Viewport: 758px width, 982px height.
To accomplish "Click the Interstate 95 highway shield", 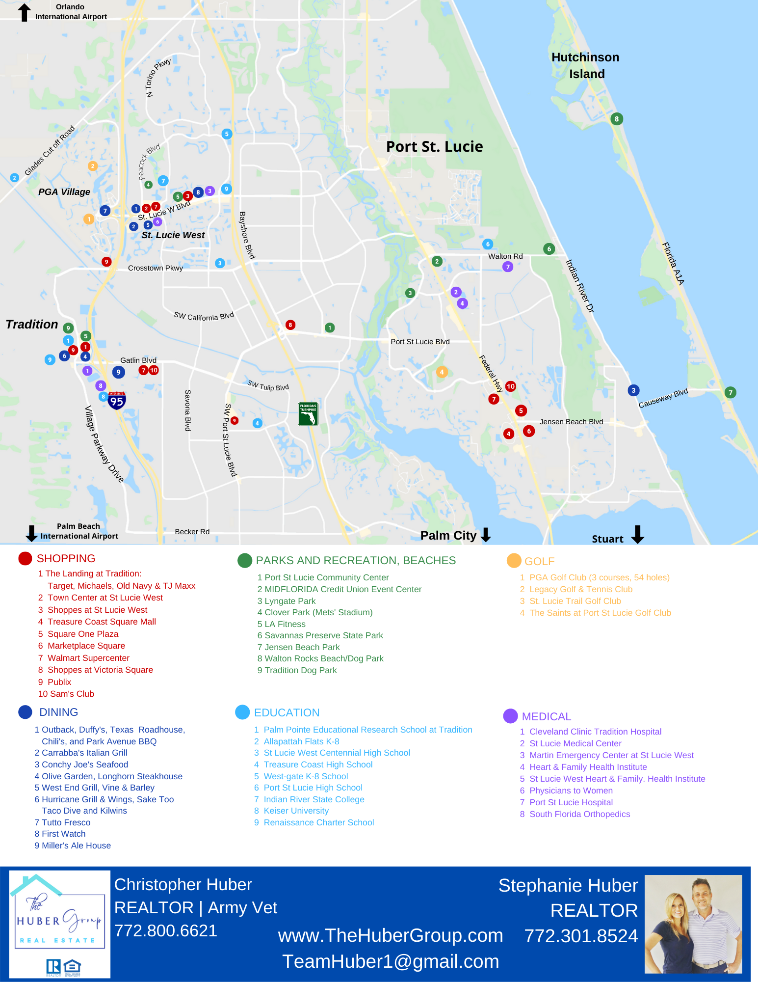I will [x=117, y=401].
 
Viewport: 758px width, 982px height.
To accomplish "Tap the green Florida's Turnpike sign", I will [x=308, y=414].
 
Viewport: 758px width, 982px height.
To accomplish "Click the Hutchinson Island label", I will [x=585, y=66].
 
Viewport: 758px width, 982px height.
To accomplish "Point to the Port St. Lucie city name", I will [x=434, y=147].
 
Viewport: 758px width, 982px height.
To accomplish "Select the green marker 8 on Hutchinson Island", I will [x=617, y=119].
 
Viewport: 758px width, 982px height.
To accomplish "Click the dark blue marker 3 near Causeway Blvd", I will [x=633, y=390].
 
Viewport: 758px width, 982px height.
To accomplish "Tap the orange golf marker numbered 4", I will [x=442, y=372].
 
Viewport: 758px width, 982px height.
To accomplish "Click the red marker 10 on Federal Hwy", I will [x=510, y=386].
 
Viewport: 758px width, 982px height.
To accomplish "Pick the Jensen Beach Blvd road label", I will [x=571, y=422].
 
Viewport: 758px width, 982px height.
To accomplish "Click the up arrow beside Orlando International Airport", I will [x=24, y=12].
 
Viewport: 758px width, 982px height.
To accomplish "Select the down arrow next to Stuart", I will [x=637, y=534].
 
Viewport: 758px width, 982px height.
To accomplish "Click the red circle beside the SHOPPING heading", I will [x=25, y=558].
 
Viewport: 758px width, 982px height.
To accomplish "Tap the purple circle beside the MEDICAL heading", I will [x=510, y=716].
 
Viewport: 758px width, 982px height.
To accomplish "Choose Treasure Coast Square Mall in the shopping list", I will [x=102, y=622].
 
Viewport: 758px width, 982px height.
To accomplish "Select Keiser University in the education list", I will [x=296, y=811].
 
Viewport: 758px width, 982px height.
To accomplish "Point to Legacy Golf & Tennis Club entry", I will [x=580, y=589].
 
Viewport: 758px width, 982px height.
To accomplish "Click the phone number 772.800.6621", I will [x=166, y=931].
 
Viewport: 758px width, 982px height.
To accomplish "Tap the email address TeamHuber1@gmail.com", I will [x=391, y=961].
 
